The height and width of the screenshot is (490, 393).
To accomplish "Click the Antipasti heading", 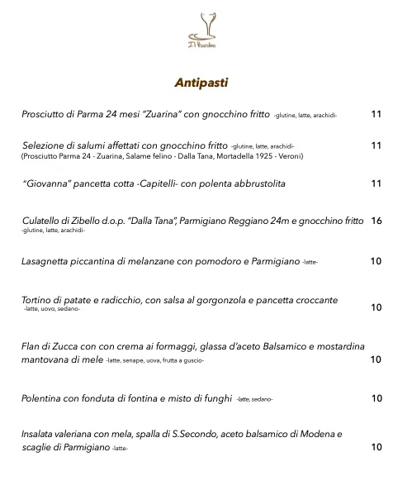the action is click(201, 83).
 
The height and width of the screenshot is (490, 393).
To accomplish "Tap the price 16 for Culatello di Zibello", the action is click(376, 221).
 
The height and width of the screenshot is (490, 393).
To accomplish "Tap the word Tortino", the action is click(38, 299).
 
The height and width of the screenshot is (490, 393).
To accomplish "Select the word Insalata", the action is click(40, 433).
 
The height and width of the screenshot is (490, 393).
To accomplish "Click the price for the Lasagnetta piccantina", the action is click(376, 261).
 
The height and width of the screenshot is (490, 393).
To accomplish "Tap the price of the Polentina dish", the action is click(376, 398).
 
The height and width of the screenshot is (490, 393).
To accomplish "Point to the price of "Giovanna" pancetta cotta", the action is click(376, 183).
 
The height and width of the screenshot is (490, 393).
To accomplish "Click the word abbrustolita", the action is click(254, 183).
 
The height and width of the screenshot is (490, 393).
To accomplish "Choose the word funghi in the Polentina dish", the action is click(215, 398).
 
